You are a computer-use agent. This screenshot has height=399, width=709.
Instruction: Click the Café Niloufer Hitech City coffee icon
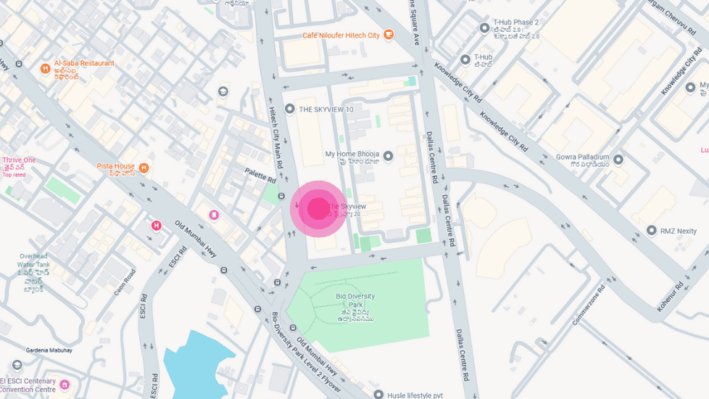point(389,34)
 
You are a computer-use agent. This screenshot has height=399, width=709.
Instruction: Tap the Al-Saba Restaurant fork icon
point(45,68)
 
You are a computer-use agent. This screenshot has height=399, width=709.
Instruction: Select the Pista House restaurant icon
point(144,168)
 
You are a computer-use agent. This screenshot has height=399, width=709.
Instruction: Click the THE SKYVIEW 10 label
point(326,110)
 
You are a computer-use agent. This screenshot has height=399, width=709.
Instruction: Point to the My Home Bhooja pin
point(388,156)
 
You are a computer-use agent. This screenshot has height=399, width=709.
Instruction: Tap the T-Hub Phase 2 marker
point(485,28)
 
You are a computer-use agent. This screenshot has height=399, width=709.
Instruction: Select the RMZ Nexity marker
point(651,231)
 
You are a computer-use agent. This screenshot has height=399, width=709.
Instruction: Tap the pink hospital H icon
point(156,226)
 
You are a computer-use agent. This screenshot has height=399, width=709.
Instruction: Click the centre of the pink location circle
point(319,209)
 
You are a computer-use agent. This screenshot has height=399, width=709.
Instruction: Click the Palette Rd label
point(261,175)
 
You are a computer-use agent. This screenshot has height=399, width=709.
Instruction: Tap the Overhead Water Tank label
point(34,264)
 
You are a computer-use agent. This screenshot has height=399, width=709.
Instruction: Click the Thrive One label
point(19,160)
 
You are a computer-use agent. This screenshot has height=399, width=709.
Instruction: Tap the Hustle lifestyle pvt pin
point(378,394)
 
